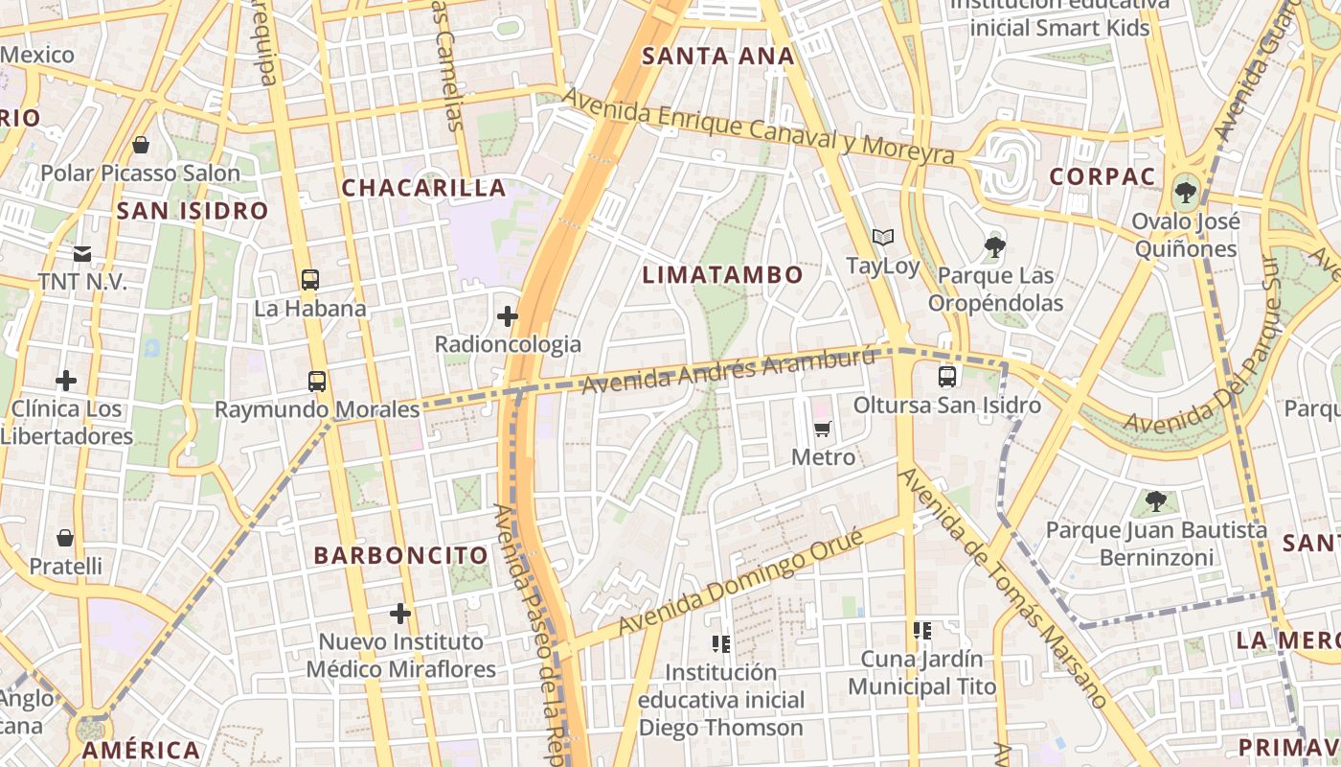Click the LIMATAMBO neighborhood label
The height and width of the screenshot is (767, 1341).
coord(722,275)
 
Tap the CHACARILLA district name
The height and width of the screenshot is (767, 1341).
coord(423,188)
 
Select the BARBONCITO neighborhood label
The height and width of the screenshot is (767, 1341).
coord(400,555)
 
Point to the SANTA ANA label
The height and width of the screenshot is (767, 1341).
coord(717,57)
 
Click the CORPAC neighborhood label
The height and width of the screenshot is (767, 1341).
coord(1089,176)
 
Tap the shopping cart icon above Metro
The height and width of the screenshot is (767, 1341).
coord(822,429)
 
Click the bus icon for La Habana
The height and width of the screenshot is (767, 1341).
coord(309,280)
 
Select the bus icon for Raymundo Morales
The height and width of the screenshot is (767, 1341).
coord(317,381)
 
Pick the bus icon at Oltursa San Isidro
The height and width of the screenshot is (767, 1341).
coord(946,377)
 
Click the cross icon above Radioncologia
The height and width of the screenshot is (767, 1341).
coord(508,315)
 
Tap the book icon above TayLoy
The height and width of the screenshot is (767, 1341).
coord(882,237)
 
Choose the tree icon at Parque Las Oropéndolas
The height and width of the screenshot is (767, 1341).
coord(994,247)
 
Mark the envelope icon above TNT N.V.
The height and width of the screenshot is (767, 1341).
coord(81,254)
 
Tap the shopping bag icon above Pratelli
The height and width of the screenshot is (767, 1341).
coord(65,538)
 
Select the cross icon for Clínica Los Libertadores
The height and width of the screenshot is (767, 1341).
coord(65,381)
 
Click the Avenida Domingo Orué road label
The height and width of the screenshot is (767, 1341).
coord(742,581)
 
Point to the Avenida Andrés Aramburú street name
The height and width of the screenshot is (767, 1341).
coord(728,372)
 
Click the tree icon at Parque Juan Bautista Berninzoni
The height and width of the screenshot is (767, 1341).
coord(1156,500)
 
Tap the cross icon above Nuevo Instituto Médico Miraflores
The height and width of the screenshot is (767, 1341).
coord(400,613)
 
